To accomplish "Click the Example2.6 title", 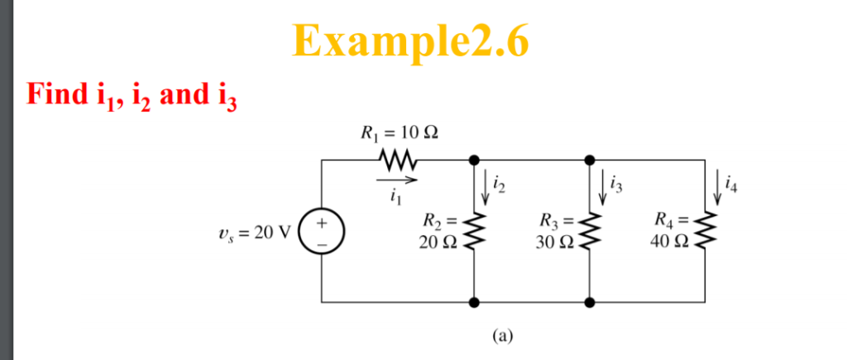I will (x=410, y=40).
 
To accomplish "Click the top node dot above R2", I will (x=475, y=159).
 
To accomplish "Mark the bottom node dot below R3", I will (x=590, y=303).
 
